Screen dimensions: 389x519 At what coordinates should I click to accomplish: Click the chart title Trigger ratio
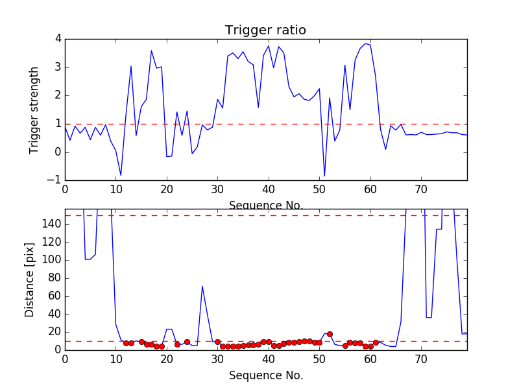click(265, 30)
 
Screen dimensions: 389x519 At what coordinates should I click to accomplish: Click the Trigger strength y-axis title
click(34, 110)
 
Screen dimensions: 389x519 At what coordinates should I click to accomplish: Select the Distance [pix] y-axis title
click(30, 279)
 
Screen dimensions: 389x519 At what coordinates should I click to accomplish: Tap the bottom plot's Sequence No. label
click(266, 375)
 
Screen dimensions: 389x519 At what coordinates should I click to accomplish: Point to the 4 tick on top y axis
click(58, 39)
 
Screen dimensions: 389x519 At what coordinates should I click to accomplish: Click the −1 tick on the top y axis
click(55, 180)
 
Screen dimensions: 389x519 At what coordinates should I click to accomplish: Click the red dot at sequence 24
click(187, 342)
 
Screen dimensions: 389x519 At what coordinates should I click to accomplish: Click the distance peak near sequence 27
click(202, 286)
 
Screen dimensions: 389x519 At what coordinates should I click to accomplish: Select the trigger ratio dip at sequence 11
click(121, 176)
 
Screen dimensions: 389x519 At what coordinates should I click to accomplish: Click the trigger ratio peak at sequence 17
click(151, 51)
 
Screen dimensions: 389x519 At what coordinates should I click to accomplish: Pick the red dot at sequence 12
click(126, 343)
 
